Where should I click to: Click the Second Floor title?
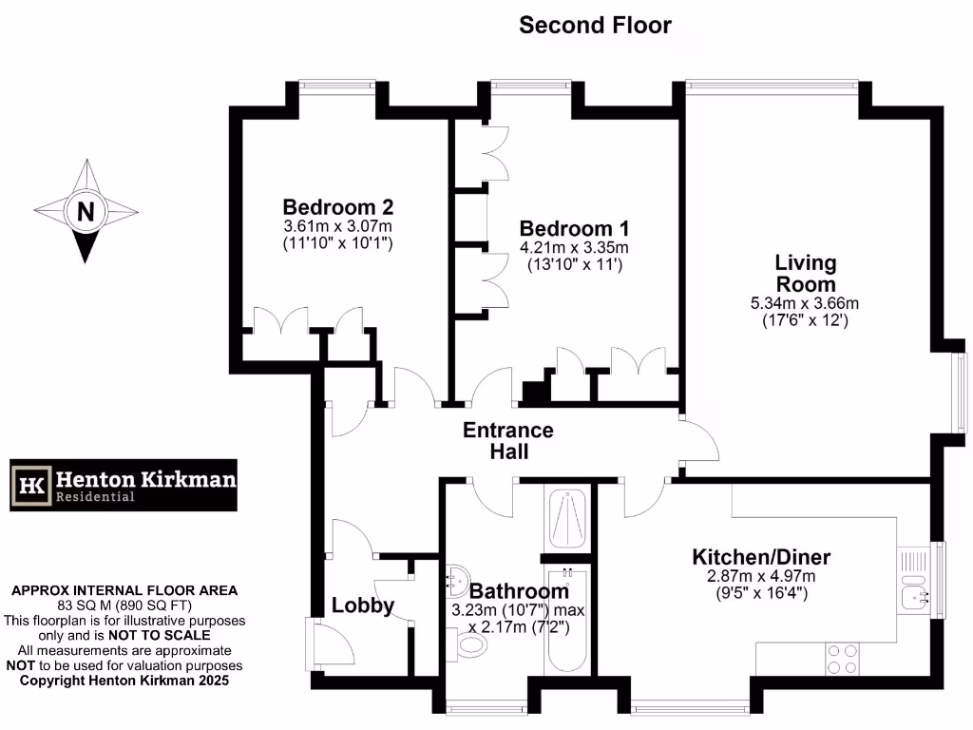click(x=595, y=26)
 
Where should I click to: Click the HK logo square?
click(x=31, y=486)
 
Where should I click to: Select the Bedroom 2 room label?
click(x=338, y=207)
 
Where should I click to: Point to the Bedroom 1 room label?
click(x=574, y=229)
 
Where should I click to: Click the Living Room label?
click(x=806, y=273)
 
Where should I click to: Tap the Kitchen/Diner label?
click(x=761, y=557)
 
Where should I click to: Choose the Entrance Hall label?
click(x=507, y=441)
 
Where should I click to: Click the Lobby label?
click(x=363, y=605)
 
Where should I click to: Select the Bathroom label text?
click(x=519, y=591)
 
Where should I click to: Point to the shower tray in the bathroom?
click(x=566, y=519)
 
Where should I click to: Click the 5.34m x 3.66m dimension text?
click(x=804, y=303)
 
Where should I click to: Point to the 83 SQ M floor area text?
click(x=124, y=605)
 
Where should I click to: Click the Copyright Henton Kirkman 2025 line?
click(x=124, y=681)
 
